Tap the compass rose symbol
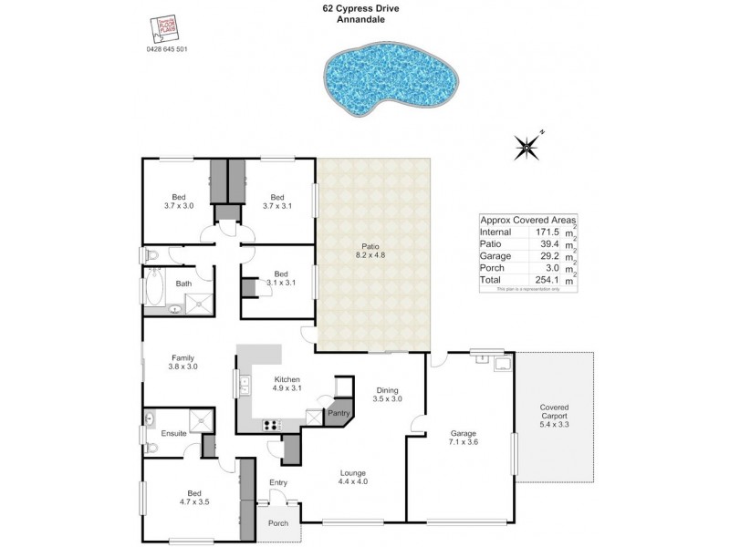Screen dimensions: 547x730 click(x=527, y=146)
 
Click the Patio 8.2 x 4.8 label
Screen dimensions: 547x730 click(x=371, y=250)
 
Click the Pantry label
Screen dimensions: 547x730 click(x=339, y=412)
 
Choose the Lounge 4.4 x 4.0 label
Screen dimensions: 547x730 click(x=353, y=477)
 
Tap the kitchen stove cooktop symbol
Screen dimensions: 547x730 click(x=272, y=424)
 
